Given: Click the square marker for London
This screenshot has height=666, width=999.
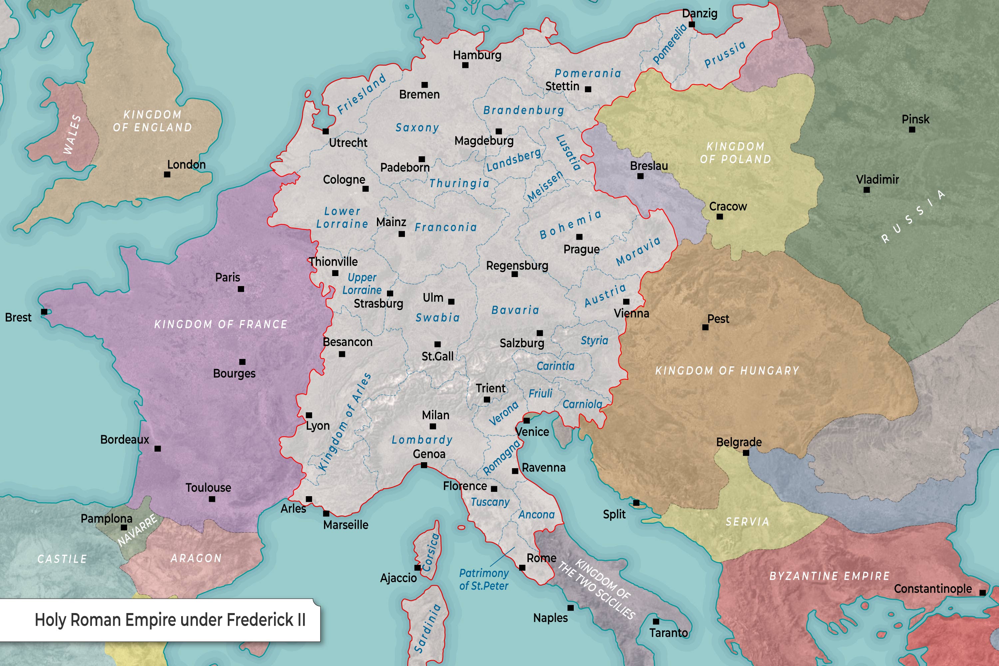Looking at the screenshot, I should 167,174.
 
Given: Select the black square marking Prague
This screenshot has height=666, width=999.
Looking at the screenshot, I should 579,236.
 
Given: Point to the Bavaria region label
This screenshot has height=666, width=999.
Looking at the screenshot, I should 515,310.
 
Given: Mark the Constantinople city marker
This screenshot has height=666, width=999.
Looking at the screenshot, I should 982,592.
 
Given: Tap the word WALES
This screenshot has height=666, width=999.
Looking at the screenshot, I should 72,134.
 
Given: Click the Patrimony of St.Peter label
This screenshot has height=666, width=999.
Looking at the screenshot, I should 484,579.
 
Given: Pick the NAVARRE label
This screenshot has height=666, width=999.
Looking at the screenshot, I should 137,530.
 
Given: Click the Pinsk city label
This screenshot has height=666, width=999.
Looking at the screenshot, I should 915,119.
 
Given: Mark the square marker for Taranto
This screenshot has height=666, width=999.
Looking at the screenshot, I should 656,621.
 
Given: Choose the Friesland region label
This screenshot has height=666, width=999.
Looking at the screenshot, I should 361,94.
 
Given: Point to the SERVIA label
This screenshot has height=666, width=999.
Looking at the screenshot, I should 747,521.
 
